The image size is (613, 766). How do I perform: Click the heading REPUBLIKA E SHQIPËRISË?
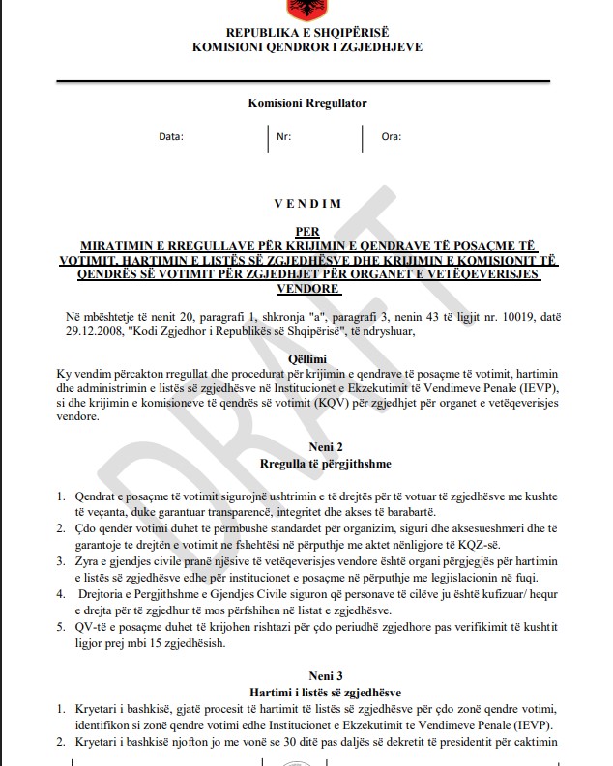coord(306,32)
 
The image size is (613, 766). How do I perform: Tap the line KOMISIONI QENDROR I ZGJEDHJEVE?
coord(306,46)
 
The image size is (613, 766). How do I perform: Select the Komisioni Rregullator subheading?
coord(306,103)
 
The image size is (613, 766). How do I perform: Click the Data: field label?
coord(170,137)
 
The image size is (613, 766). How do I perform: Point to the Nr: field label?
coord(283,137)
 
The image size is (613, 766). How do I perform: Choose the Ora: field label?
coord(391,137)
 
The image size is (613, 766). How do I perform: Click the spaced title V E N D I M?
coord(306,204)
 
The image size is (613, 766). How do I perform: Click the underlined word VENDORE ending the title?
coord(306,289)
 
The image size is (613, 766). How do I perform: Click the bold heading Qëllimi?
coord(306,356)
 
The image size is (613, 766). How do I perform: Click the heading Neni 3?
coord(306,676)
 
